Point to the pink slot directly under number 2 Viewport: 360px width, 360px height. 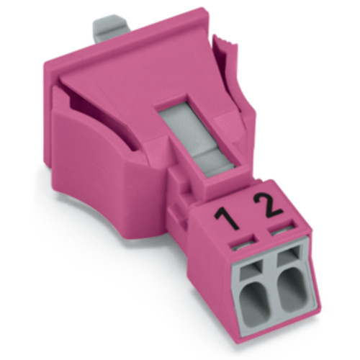point(277,233)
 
